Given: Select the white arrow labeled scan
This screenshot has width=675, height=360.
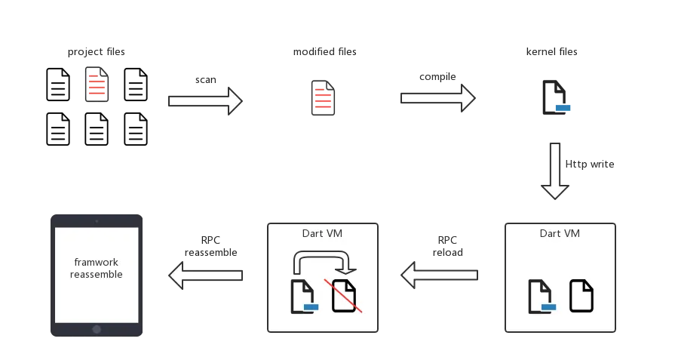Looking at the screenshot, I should [204, 100].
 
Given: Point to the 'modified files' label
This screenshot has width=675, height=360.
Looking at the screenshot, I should [322, 53].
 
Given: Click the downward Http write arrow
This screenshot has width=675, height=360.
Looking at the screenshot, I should [556, 171].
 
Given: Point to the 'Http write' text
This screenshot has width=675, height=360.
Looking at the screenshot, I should [589, 163].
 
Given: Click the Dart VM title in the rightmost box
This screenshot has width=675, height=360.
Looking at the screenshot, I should [560, 233].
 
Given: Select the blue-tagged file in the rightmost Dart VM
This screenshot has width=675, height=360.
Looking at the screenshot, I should [542, 296].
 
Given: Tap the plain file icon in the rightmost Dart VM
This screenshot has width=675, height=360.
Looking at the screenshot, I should [580, 296].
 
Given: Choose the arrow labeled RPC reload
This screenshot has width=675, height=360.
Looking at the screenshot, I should [440, 275].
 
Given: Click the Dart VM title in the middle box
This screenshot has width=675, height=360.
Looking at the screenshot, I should [322, 233].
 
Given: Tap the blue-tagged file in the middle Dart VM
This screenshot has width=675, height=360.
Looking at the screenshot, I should [304, 296].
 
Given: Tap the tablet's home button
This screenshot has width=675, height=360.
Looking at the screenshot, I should [96, 329].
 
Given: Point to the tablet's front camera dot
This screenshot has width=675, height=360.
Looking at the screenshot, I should [96, 220].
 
